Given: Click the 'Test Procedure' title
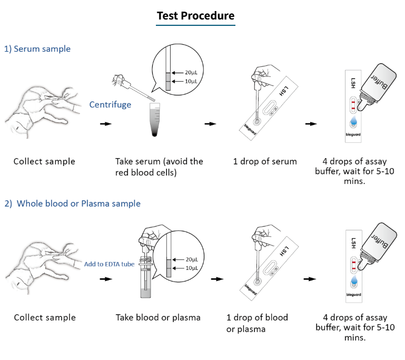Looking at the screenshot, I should click(195, 16).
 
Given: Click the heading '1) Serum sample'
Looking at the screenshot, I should click(37, 49).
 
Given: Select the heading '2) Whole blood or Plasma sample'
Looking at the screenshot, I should click(73, 203).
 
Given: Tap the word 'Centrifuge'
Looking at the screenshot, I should click(110, 104).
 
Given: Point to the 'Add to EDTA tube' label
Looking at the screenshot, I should click(109, 264).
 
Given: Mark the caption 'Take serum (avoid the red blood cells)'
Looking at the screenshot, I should click(159, 166).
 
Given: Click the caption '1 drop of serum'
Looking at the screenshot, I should click(265, 161).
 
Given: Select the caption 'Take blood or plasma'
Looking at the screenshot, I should click(158, 317).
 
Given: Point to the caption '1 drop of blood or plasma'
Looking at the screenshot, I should click(257, 323).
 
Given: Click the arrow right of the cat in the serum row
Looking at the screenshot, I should click(105, 124).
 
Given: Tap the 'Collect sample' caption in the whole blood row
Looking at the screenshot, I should click(45, 317).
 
